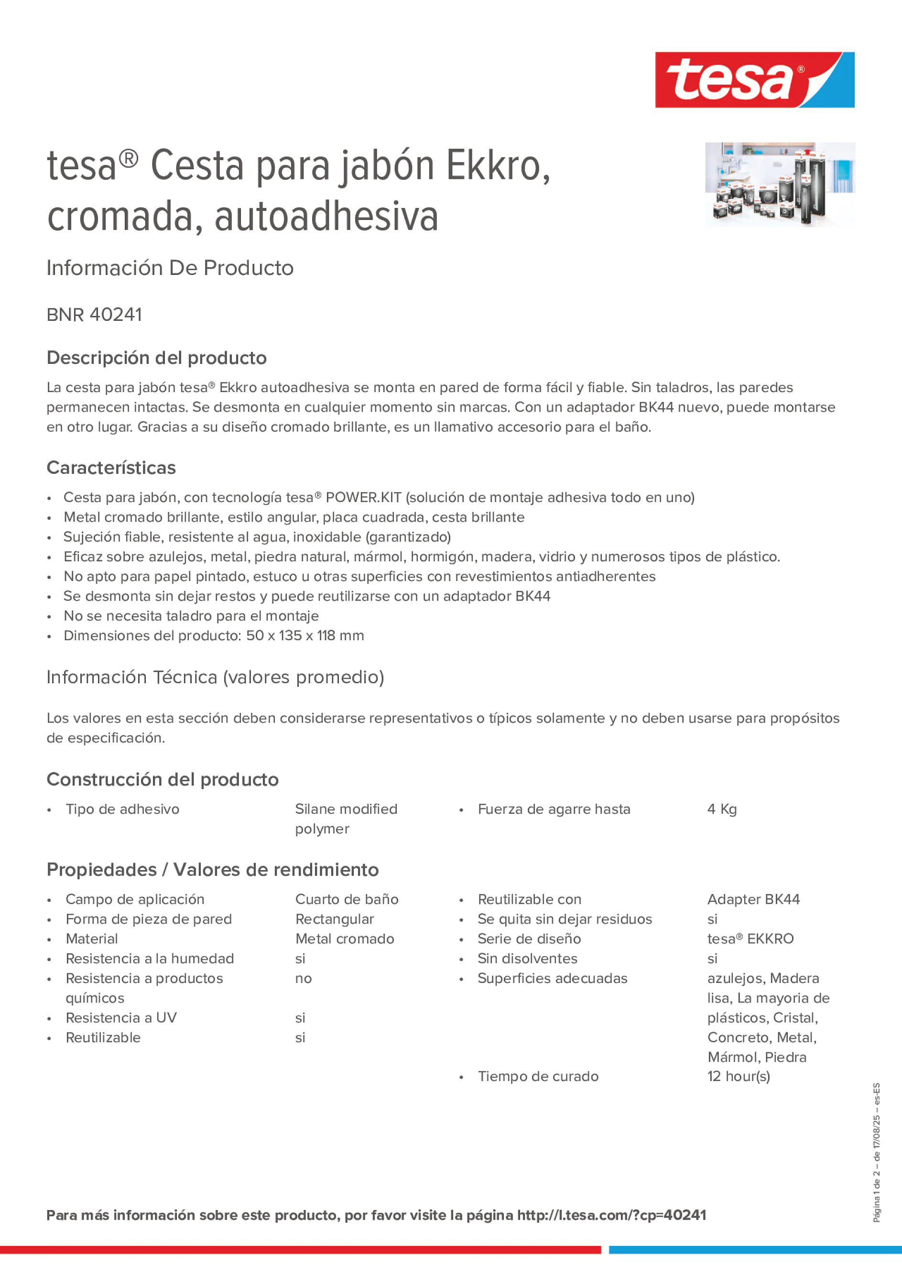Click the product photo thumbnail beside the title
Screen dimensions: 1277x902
pyautogui.click(x=780, y=184)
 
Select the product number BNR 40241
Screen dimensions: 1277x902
pyautogui.click(x=95, y=315)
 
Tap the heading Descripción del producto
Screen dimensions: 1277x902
pyautogui.click(x=156, y=358)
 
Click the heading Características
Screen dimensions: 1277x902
pyautogui.click(x=111, y=468)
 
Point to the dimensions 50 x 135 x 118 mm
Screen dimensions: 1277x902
pyautogui.click(x=305, y=635)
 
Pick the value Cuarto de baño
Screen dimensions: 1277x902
pyautogui.click(x=347, y=899)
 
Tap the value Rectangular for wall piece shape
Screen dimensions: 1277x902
pyautogui.click(x=334, y=919)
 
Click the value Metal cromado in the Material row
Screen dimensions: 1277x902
pyautogui.click(x=344, y=939)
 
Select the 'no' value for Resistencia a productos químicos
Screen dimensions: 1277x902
pyautogui.click(x=303, y=978)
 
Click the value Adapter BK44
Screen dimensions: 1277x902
pyautogui.click(x=753, y=899)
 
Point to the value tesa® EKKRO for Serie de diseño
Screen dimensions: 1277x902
pyautogui.click(x=750, y=939)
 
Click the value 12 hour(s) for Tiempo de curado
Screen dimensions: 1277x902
pyautogui.click(x=739, y=1076)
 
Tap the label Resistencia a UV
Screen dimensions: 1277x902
pyautogui.click(x=121, y=1017)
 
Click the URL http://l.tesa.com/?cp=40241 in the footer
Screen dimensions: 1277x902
pyautogui.click(x=611, y=1215)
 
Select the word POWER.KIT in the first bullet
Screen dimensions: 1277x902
pyautogui.click(x=363, y=497)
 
